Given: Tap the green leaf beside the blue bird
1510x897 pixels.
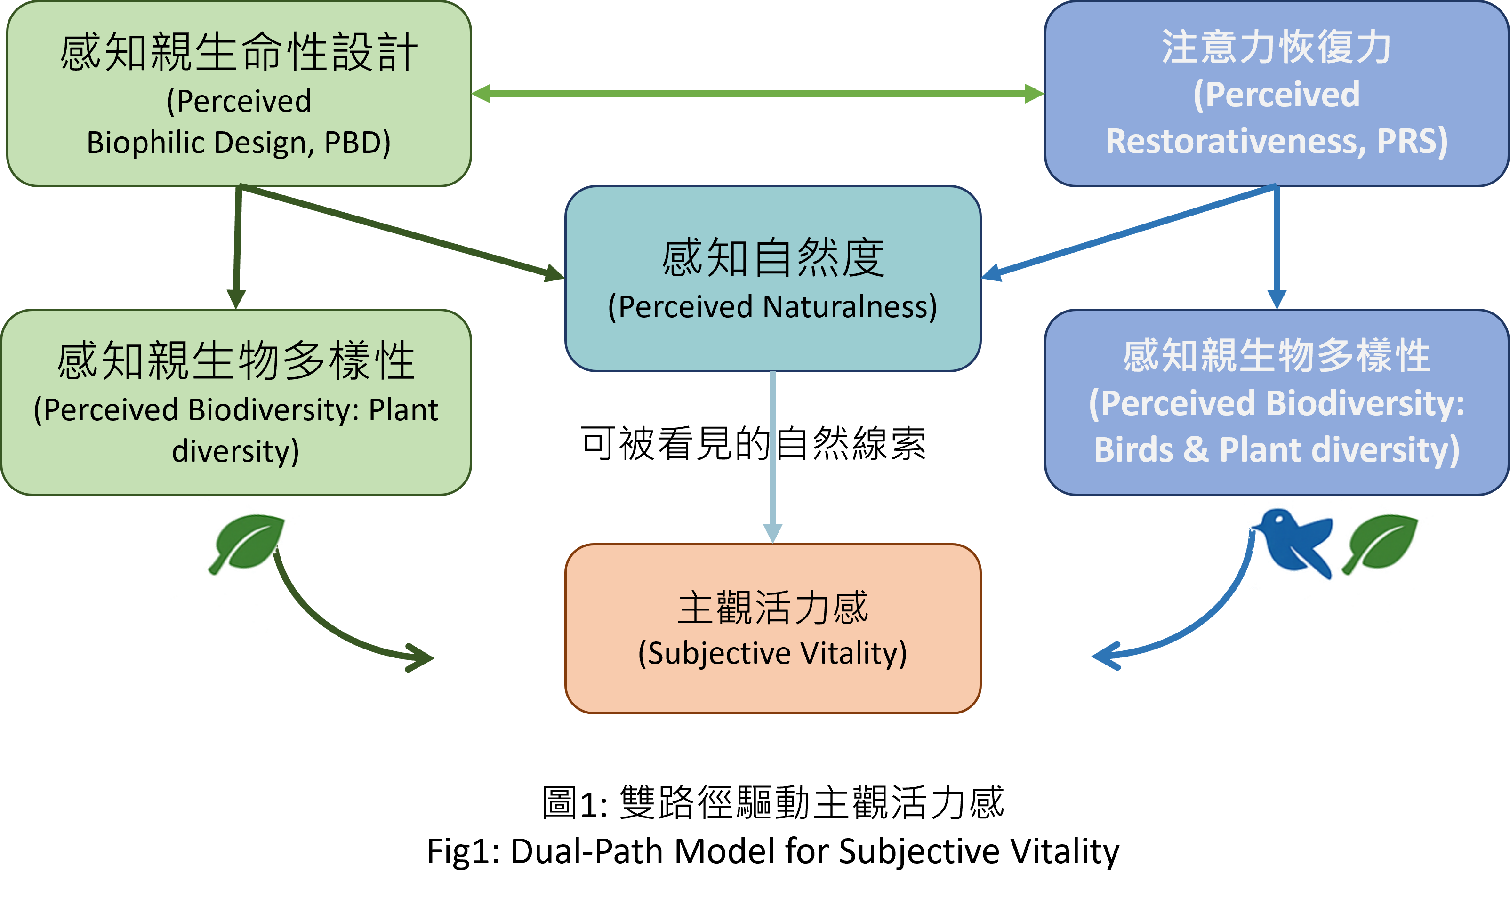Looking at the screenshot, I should pos(1381,541).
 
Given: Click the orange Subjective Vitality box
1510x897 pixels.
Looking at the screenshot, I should pos(772,629).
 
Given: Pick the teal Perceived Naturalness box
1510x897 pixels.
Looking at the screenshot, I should pos(772,278).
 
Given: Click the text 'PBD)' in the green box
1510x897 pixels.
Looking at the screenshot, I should pos(357,143).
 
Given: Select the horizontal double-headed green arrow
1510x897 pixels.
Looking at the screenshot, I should pos(757,94).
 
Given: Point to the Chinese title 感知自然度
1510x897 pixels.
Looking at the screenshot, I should pos(772,258).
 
